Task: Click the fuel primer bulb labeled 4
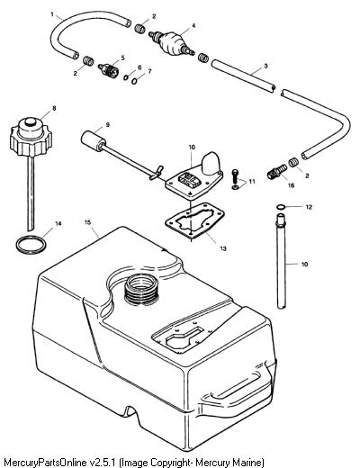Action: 171,43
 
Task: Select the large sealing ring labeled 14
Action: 31,245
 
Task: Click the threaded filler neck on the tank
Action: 141,290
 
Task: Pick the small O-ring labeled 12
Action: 281,207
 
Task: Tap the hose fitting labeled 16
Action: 276,171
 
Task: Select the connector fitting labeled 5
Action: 109,70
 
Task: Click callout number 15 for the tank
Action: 87,222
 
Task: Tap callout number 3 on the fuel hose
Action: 265,66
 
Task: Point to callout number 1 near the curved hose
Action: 52,14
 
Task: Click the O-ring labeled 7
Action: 134,80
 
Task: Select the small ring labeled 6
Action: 126,77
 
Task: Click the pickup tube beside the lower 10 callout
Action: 281,261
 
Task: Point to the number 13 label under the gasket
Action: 223,248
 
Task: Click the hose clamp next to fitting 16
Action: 293,162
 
